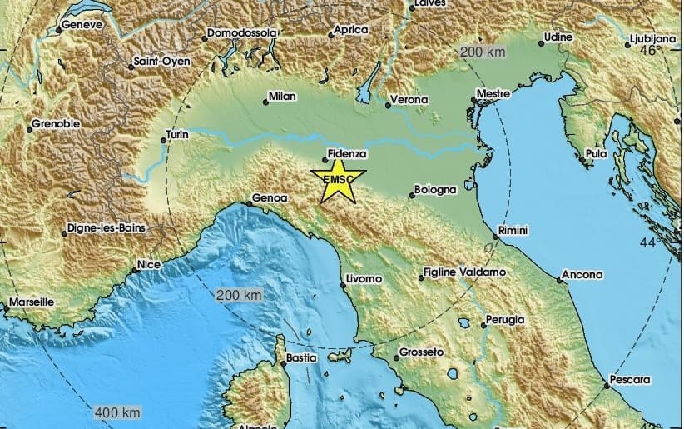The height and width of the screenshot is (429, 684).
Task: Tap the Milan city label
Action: tap(282, 97)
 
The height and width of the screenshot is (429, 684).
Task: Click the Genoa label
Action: tap(270, 198)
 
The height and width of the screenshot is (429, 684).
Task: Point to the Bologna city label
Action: tap(438, 190)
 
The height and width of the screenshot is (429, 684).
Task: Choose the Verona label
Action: tap(411, 100)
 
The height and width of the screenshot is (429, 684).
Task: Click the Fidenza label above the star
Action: tap(347, 153)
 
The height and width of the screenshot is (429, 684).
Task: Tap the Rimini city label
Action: tap(512, 230)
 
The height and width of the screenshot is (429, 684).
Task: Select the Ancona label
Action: tap(582, 273)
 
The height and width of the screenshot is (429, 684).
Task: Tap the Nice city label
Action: tap(148, 265)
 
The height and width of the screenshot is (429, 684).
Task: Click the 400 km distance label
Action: tap(116, 412)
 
